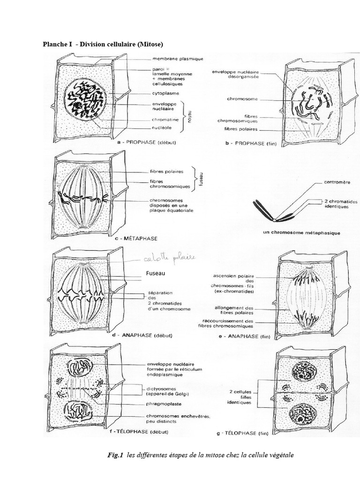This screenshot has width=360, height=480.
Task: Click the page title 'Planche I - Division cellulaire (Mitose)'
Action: click(x=103, y=45)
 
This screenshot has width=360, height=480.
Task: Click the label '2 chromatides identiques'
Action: click(x=340, y=204)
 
